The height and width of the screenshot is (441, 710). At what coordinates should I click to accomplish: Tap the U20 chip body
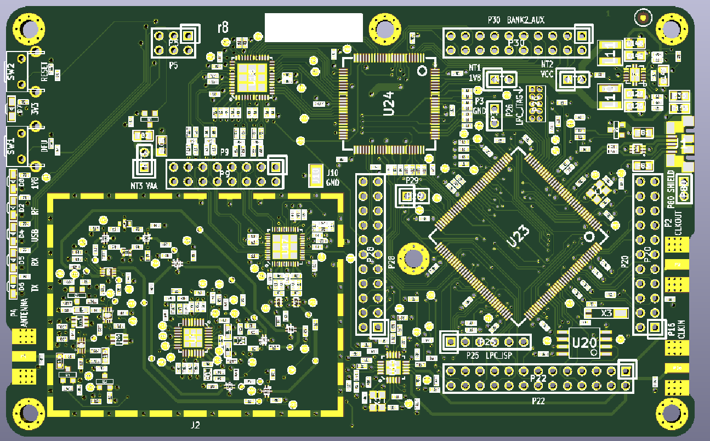pos(584,343)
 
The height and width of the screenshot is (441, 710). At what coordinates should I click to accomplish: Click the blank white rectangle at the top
pos(314,28)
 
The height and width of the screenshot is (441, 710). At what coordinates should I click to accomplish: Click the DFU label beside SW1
pos(44,145)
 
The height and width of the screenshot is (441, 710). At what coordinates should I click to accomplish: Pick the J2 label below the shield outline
pos(195,425)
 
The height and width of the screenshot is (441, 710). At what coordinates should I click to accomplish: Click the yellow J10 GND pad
pos(315,176)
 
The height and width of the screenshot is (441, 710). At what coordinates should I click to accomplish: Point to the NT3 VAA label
pos(144,186)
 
